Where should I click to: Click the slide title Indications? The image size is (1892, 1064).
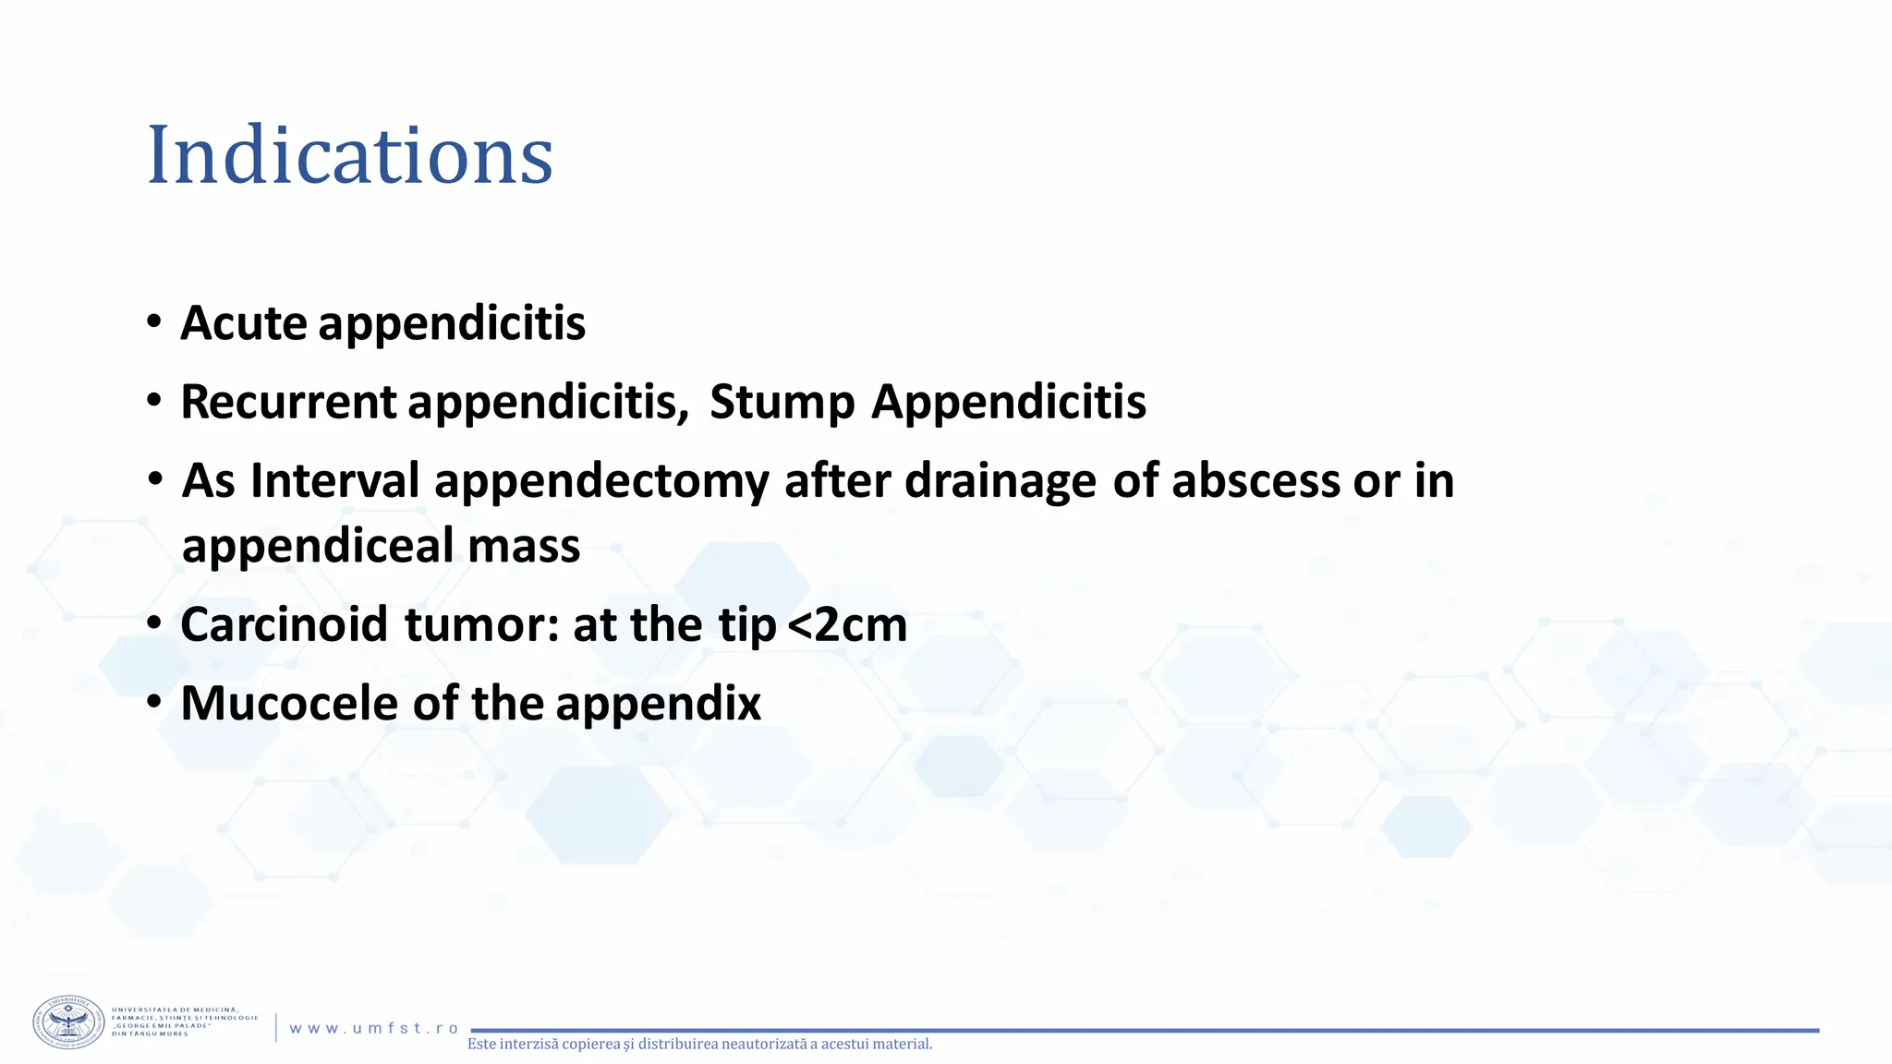(349, 155)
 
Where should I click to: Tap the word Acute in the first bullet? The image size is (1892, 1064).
(243, 323)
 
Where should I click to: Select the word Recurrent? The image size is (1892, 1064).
(288, 402)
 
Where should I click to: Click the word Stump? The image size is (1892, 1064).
(782, 402)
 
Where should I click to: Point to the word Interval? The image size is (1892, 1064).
(334, 480)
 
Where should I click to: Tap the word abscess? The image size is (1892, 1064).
(1255, 480)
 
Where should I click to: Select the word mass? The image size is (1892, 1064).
(524, 545)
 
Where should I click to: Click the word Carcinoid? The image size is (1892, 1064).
(284, 624)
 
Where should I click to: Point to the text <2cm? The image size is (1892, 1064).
(847, 624)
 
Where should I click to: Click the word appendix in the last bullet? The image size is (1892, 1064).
(658, 705)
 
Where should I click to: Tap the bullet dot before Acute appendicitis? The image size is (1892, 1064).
(154, 322)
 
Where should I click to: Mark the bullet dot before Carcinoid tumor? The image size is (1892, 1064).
(154, 623)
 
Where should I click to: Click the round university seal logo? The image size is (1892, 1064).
(69, 1022)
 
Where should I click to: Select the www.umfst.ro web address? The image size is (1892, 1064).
(374, 1028)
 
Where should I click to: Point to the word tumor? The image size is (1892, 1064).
(482, 624)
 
